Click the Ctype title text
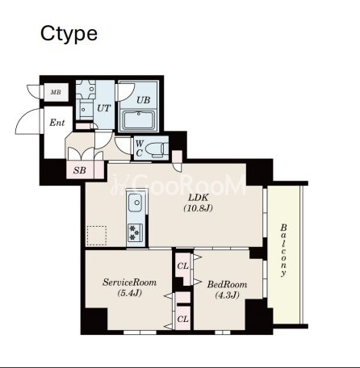tap(69, 34)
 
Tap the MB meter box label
tap(56, 92)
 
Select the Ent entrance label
tap(57, 123)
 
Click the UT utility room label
tap(104, 108)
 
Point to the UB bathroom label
tap(143, 100)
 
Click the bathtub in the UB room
tap(139, 120)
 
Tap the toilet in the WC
tap(157, 150)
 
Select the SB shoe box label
tap(80, 170)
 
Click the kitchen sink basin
tap(136, 203)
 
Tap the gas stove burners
tap(134, 232)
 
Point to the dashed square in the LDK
tap(97, 236)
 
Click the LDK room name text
tap(198, 198)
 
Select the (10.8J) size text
tap(198, 208)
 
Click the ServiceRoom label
tap(129, 282)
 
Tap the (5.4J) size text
tap(129, 293)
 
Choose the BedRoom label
tap(227, 284)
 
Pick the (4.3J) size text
tap(227, 295)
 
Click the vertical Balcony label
tap(283, 250)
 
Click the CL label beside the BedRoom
tap(182, 266)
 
